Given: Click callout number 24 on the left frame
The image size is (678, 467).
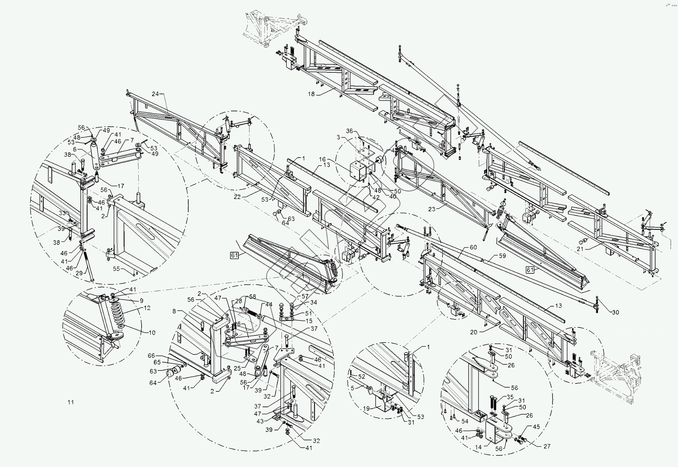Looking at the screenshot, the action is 155,94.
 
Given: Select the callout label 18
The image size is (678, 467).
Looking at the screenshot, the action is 311,94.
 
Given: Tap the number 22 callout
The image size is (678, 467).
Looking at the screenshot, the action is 237,197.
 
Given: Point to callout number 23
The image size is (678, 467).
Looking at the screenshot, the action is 432,209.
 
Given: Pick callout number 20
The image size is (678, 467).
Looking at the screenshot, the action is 473,332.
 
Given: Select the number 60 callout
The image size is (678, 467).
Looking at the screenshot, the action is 473,247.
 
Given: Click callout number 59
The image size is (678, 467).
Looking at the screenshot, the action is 502,256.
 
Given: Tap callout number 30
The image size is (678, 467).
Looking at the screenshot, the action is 615,312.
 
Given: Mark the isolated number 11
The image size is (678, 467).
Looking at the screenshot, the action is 71,402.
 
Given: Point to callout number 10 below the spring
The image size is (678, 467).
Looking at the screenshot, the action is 152,333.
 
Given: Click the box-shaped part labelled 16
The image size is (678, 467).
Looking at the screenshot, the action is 358,171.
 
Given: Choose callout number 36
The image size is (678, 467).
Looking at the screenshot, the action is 349,131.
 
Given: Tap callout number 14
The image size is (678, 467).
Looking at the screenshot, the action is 478,447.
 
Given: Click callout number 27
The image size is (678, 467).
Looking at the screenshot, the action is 547,446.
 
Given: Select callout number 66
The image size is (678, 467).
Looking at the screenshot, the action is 151,356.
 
